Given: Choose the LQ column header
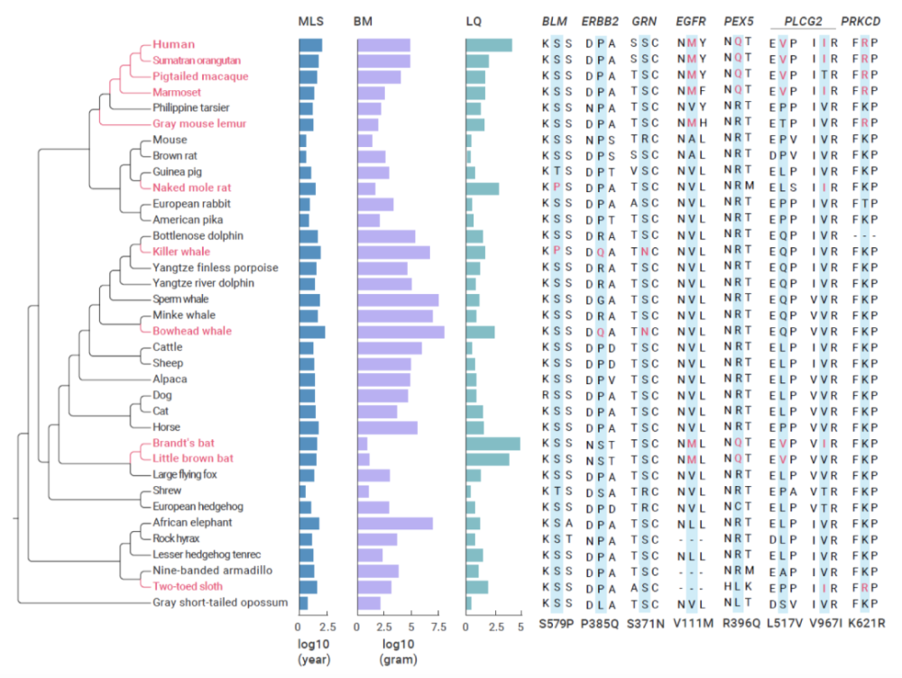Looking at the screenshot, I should pos(474,22).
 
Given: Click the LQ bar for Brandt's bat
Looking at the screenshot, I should pos(492,444).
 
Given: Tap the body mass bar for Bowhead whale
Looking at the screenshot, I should pos(400,332).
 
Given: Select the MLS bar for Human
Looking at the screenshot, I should pos(310,45).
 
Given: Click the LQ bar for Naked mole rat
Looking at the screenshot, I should pos(482,188).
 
